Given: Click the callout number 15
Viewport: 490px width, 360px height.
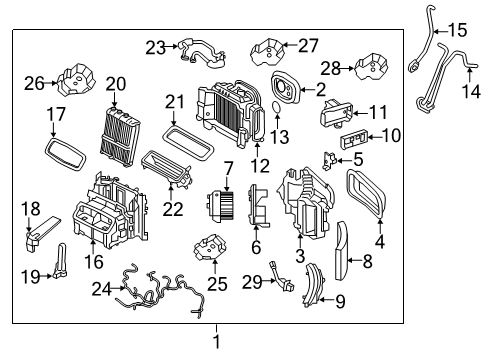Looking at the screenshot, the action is click(x=457, y=31).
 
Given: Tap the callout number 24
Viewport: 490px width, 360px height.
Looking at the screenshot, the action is click(x=102, y=289).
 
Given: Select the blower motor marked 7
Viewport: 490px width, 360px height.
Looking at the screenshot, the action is click(x=220, y=206).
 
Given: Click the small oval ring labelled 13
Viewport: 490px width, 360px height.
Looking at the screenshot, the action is click(x=277, y=107).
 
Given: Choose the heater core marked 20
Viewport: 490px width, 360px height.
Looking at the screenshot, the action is click(x=119, y=136).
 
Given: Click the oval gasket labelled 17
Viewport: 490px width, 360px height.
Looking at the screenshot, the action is click(x=66, y=154).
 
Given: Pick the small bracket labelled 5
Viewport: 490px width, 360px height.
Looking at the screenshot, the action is click(x=329, y=161).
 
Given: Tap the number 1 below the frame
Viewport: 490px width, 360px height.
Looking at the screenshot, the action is click(x=217, y=342).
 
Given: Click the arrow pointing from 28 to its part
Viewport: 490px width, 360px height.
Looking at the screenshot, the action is click(x=348, y=69).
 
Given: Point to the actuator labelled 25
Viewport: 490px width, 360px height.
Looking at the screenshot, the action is click(x=211, y=247).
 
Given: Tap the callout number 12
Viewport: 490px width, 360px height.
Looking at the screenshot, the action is click(x=260, y=165).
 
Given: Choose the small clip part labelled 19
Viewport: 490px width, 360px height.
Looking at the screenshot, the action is click(x=61, y=262).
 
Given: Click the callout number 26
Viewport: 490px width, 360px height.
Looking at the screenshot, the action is click(x=34, y=83).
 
